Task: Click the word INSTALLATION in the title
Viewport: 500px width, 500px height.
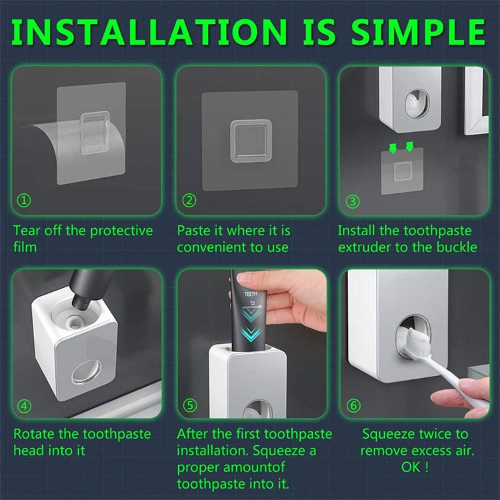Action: [149, 32]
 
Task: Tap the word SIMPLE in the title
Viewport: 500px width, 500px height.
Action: [418, 32]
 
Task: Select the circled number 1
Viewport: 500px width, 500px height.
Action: [24, 201]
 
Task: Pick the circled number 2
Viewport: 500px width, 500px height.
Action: [189, 201]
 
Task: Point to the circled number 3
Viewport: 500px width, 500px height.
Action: [353, 201]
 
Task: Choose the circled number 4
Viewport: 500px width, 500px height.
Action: [24, 406]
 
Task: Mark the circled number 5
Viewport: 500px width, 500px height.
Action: [190, 405]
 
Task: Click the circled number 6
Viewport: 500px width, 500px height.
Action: [353, 405]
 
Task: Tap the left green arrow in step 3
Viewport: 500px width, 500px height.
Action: [393, 148]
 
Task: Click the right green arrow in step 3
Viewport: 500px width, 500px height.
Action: [409, 147]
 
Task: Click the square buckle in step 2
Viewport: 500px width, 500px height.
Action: [251, 141]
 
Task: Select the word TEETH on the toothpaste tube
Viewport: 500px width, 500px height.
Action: [251, 294]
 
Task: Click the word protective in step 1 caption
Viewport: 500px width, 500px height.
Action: [121, 231]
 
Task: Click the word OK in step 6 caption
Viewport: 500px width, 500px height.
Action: [411, 467]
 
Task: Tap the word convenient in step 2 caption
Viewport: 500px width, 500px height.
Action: [209, 247]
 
